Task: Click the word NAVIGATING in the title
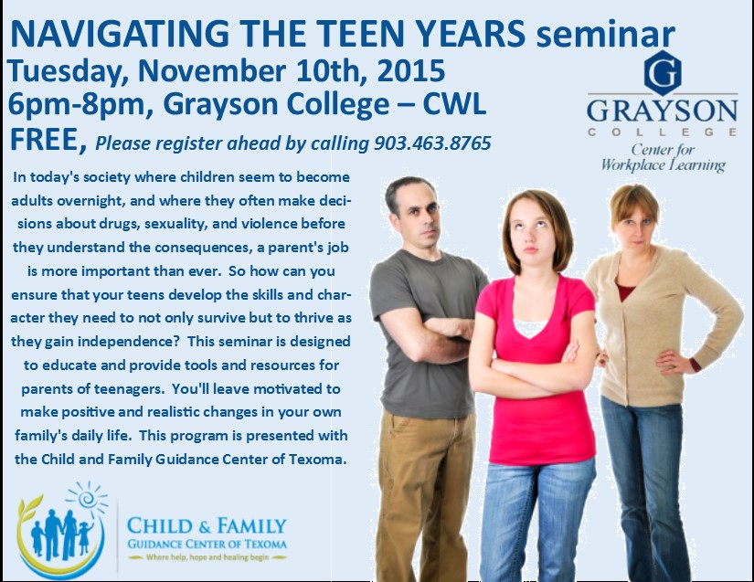pyautogui.click(x=120, y=34)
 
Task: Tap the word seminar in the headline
pyautogui.click(x=606, y=35)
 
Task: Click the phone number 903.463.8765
pyautogui.click(x=433, y=143)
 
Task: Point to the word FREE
pyautogui.click(x=44, y=140)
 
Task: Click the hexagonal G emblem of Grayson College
pyautogui.click(x=663, y=73)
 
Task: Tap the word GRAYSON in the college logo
pyautogui.click(x=663, y=111)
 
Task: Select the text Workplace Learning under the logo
pyautogui.click(x=664, y=164)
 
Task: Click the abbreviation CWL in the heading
pyautogui.click(x=454, y=104)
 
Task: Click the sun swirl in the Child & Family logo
pyautogui.click(x=87, y=498)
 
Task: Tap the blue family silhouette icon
pyautogui.click(x=61, y=534)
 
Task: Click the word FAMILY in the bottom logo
pyautogui.click(x=251, y=526)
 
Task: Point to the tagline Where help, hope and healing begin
pyautogui.click(x=207, y=557)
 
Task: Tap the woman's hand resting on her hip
pyautogui.click(x=674, y=361)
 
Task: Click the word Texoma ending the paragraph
pyautogui.click(x=317, y=459)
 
